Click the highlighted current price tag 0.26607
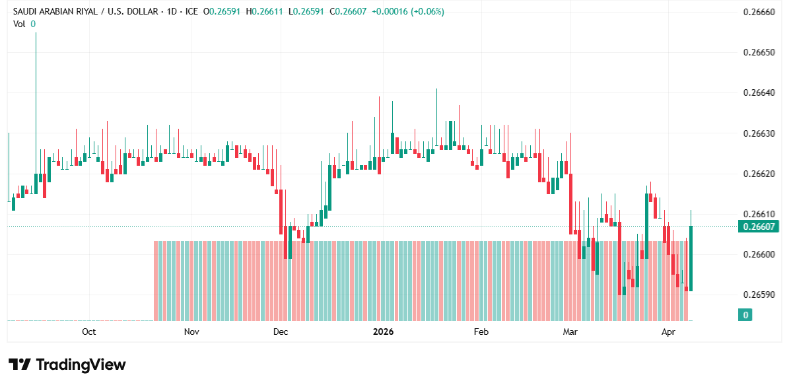click(759, 227)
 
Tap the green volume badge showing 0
click(745, 315)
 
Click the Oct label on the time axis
click(88, 332)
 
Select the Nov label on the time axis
click(191, 332)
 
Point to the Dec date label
click(280, 332)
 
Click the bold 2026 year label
click(383, 332)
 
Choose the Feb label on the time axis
click(481, 332)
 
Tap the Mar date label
click(570, 332)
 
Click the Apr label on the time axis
click(669, 332)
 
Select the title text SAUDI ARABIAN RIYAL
click(56, 12)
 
